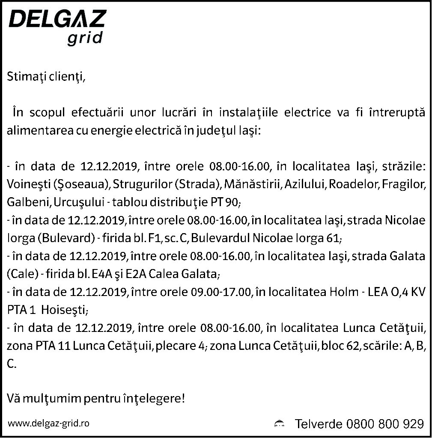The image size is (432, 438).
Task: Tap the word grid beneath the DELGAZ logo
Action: click(x=85, y=38)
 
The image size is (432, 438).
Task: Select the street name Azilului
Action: click(x=307, y=184)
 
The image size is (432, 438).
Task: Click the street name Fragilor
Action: click(x=404, y=184)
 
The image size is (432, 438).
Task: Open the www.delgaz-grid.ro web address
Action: click(x=49, y=423)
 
